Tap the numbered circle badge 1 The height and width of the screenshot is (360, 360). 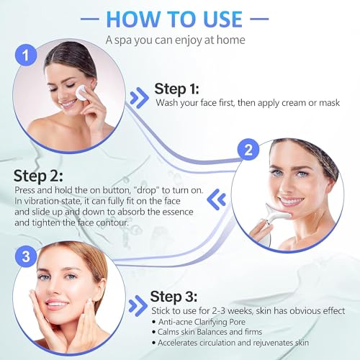pos(26,55)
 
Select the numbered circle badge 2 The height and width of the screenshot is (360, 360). pos(248,150)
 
